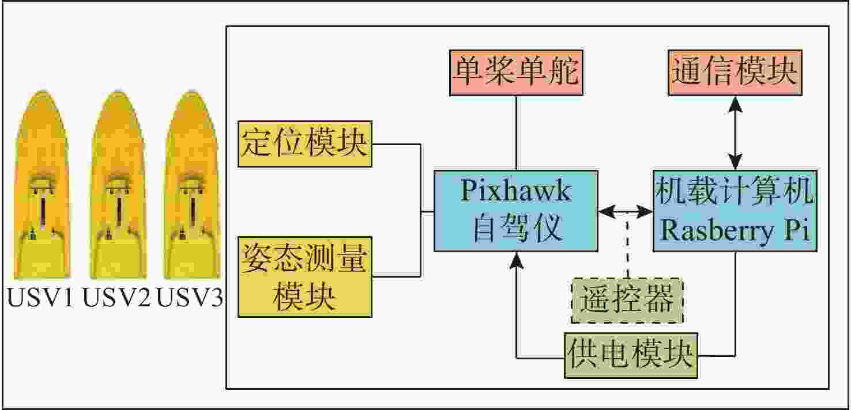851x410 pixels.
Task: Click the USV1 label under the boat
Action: (40, 297)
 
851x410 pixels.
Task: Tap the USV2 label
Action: (116, 297)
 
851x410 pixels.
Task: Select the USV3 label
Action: (190, 297)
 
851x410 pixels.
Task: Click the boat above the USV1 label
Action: (42, 184)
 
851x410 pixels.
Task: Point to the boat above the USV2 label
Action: (118, 184)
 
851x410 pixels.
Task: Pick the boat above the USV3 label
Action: (192, 184)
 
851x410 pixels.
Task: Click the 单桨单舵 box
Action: (516, 73)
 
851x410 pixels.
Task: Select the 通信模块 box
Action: (735, 73)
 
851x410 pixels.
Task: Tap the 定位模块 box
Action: (304, 144)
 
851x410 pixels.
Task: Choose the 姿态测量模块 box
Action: (304, 276)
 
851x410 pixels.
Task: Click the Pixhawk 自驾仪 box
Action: (515, 211)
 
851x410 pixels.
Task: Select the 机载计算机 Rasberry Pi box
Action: (735, 211)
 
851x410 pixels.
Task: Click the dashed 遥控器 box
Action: (627, 301)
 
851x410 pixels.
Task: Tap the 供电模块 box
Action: (631, 355)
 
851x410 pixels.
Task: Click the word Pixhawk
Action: (516, 191)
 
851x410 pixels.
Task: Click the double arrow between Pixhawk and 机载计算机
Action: (626, 211)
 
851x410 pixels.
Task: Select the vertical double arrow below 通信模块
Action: (736, 133)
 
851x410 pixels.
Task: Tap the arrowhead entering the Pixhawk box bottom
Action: (516, 260)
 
